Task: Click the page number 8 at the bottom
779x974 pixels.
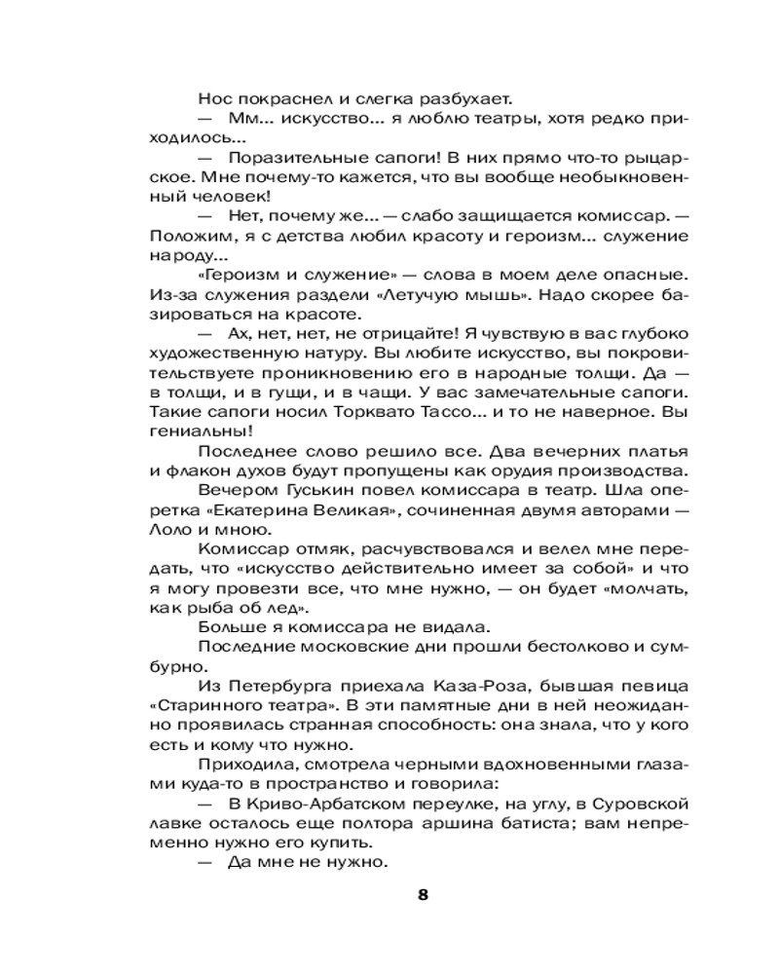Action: (x=422, y=896)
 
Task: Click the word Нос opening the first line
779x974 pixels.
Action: (x=213, y=98)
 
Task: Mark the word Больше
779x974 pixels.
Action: (x=228, y=628)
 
